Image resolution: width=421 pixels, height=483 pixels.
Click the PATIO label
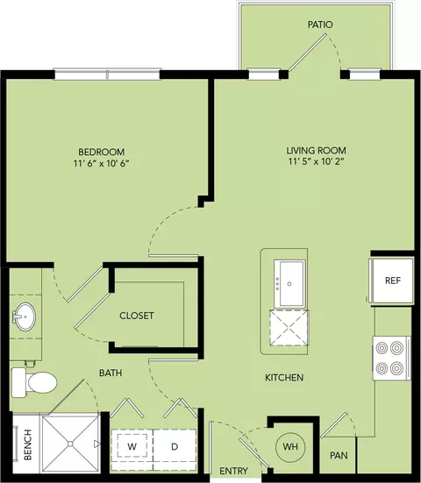point(320,25)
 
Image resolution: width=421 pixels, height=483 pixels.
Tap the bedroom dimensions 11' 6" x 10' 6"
point(101,163)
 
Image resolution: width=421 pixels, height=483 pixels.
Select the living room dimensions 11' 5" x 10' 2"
point(317,161)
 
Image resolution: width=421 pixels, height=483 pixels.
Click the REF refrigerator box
point(392,281)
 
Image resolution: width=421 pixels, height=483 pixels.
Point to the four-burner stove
point(392,358)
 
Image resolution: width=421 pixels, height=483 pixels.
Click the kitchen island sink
point(289,283)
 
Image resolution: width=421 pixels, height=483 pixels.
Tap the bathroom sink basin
point(26,316)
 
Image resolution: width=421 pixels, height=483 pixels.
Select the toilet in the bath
point(34,382)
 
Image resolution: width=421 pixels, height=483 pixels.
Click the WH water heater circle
point(290,446)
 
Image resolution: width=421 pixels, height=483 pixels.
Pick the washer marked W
point(132,447)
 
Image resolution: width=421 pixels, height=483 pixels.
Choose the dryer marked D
point(175,447)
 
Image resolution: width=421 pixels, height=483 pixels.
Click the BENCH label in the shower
point(28,444)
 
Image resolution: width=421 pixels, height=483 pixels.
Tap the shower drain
point(70,444)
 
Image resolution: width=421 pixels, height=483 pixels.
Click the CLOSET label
point(137,316)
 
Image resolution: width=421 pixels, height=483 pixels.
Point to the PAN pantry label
point(339,455)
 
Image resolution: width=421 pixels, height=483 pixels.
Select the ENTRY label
point(233,471)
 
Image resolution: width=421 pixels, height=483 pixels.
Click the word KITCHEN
point(284,378)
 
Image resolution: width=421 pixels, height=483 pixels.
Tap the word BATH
point(111,373)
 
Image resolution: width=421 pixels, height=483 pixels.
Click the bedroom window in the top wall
point(107,75)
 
